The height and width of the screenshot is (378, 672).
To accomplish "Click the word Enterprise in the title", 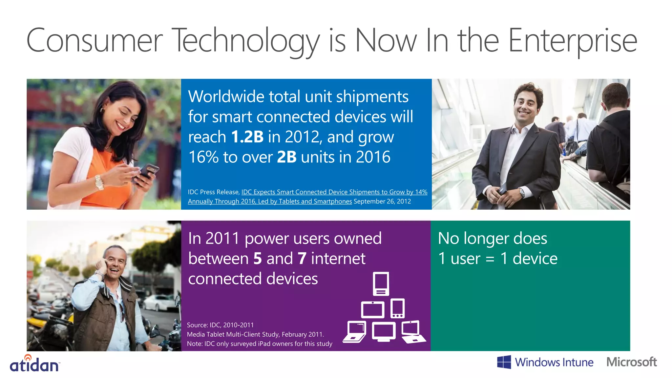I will click(573, 41).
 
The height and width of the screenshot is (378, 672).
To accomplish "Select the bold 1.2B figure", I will click(247, 137).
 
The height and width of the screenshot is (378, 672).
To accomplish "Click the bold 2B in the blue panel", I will click(287, 157).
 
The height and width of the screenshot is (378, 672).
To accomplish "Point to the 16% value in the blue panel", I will click(203, 157).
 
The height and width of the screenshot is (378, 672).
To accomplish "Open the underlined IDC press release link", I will click(334, 192).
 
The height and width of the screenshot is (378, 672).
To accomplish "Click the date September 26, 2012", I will click(382, 201).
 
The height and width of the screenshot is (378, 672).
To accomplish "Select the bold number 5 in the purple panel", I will click(258, 259).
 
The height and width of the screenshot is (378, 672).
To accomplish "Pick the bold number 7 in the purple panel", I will click(302, 259).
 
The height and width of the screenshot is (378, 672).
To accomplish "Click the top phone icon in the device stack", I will click(381, 284).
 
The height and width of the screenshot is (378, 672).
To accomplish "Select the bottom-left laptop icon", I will click(355, 332).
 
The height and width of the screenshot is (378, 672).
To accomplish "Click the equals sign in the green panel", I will click(490, 259).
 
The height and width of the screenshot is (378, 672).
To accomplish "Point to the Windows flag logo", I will click(504, 362).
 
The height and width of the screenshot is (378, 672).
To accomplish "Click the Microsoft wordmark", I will click(632, 362).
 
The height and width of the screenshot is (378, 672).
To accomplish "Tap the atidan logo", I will click(35, 364).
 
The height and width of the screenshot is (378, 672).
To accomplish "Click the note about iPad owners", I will click(260, 344).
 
